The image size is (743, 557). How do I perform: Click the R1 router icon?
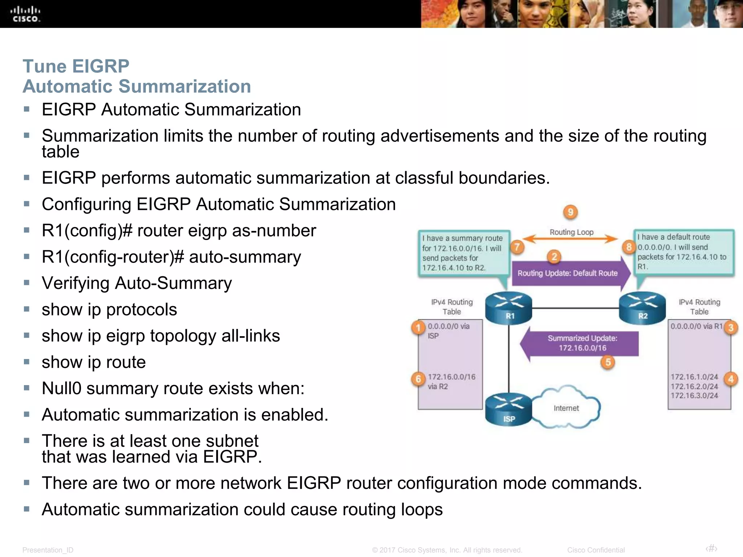pyautogui.click(x=509, y=308)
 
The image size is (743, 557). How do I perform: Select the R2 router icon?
pyautogui.click(x=642, y=308)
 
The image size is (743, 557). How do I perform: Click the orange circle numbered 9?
pyautogui.click(x=570, y=212)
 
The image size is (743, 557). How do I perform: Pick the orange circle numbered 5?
pyautogui.click(x=608, y=362)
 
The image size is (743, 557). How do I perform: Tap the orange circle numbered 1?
pyautogui.click(x=418, y=327)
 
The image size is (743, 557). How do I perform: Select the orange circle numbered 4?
pyautogui.click(x=731, y=379)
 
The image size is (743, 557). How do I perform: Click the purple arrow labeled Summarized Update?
pyautogui.click(x=580, y=343)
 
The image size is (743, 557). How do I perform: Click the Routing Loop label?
pyautogui.click(x=571, y=232)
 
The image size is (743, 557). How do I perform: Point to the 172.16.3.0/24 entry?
pyautogui.click(x=694, y=396)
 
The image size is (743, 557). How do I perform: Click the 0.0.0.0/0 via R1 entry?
pyautogui.click(x=696, y=326)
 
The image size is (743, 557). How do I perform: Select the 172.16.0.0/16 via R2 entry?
pyautogui.click(x=451, y=381)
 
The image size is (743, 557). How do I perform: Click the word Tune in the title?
pyautogui.click(x=45, y=66)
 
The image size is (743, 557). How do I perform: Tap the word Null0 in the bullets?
pyautogui.click(x=62, y=388)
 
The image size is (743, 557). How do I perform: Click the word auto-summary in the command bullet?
pyautogui.click(x=245, y=257)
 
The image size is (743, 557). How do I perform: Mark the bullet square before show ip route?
pyautogui.click(x=26, y=362)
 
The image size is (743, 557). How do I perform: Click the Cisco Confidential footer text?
pyautogui.click(x=596, y=550)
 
